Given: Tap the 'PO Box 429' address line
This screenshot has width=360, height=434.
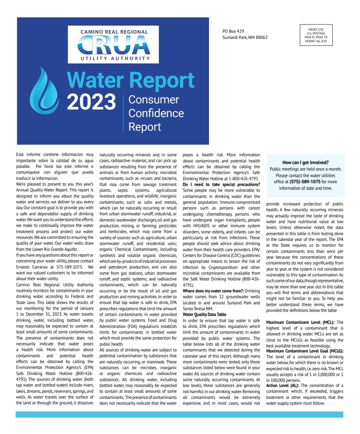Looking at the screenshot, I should (233, 31).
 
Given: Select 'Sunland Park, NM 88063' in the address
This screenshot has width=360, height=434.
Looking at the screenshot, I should (245, 38).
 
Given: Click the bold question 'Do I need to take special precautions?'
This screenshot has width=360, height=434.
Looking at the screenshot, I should (221, 185).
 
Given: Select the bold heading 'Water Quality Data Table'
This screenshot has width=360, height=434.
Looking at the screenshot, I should (204, 314).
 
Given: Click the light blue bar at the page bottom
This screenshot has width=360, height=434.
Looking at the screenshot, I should (180, 414).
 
